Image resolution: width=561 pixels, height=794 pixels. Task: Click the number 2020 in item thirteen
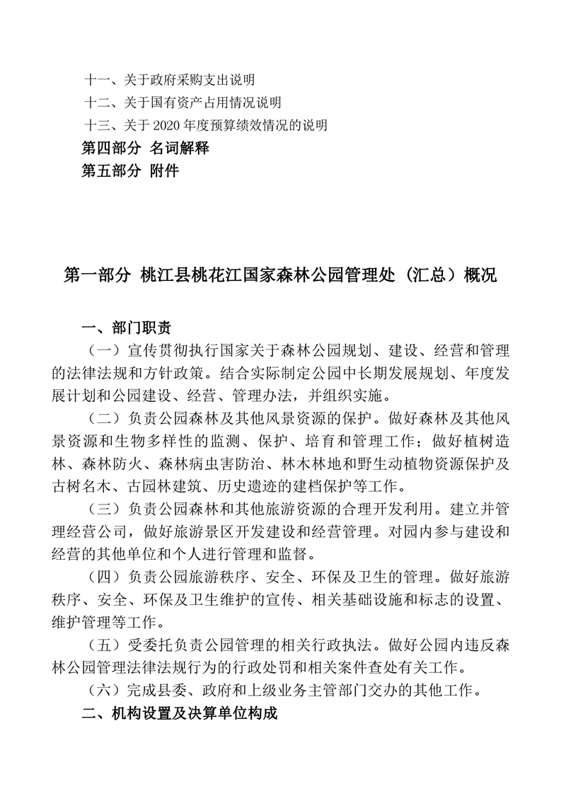tap(163, 126)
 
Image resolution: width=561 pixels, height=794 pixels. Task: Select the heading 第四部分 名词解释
tap(145, 149)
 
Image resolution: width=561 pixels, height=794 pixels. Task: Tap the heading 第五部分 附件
tap(130, 171)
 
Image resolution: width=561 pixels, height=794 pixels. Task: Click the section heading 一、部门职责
tap(126, 327)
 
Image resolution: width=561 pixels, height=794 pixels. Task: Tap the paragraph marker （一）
tap(102, 351)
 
